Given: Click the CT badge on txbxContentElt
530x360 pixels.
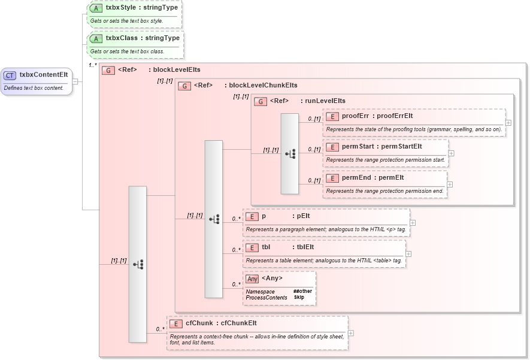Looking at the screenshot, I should (10, 75).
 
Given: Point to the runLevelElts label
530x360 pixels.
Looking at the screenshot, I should (325, 101).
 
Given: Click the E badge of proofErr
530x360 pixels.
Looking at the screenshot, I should (332, 116).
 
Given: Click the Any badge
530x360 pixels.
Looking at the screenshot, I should (253, 279).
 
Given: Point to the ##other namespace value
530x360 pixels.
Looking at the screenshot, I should (302, 291).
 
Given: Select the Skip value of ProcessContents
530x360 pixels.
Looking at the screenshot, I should (299, 297).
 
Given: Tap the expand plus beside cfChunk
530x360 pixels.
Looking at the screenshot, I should (350, 334).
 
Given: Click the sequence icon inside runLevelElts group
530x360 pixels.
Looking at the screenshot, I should (290, 154).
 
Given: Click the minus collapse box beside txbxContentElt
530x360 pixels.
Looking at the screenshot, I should (75, 81).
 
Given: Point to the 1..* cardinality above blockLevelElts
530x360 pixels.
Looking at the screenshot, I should (93, 65).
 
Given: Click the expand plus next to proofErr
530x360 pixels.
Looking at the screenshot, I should (508, 122).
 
